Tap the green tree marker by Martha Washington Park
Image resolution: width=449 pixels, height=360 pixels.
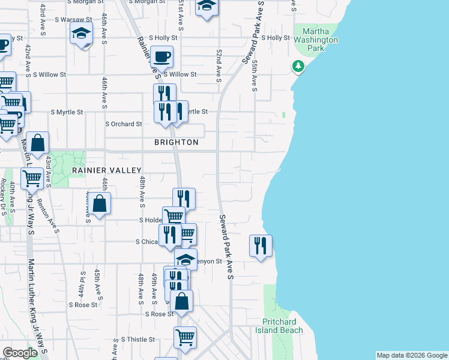click(x=298, y=66)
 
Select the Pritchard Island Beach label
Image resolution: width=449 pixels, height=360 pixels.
click(x=283, y=326)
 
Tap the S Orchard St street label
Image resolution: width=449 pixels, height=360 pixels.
click(x=123, y=124)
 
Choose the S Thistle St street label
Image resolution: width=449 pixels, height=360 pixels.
click(x=137, y=339)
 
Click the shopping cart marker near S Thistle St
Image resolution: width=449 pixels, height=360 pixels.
click(x=185, y=337)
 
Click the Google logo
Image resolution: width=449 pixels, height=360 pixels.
click(x=20, y=353)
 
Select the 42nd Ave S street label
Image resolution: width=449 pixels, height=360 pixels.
click(x=28, y=59)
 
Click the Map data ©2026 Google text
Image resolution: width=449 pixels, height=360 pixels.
click(x=411, y=355)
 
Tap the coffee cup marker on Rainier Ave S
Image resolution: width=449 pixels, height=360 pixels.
click(x=161, y=57)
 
